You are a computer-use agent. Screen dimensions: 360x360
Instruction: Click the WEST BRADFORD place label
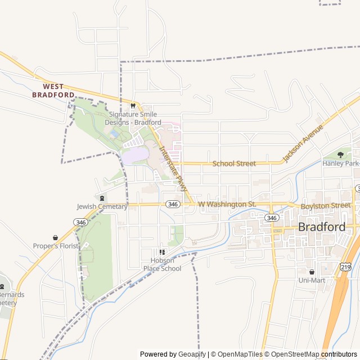click(x=53, y=91)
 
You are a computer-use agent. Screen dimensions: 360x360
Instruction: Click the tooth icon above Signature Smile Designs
click(x=133, y=105)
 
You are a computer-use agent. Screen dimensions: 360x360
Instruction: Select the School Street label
click(x=234, y=164)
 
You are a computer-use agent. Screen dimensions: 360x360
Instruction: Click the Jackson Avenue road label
click(x=303, y=143)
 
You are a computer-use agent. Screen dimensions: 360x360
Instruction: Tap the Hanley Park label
click(x=340, y=163)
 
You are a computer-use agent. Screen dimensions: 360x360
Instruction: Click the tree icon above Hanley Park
click(x=340, y=154)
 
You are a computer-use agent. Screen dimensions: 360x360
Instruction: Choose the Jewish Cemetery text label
click(x=102, y=206)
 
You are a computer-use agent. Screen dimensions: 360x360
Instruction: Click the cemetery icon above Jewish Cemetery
click(x=102, y=197)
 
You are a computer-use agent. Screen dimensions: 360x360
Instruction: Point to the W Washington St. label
click(x=227, y=204)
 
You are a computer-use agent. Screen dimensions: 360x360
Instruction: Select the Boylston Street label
click(x=325, y=206)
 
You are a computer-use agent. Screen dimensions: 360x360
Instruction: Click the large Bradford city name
click(x=322, y=227)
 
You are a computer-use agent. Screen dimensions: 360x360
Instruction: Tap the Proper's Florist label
click(x=55, y=246)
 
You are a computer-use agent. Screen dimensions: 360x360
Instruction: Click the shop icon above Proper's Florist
click(x=55, y=237)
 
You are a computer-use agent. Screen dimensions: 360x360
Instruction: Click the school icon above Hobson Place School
click(x=162, y=252)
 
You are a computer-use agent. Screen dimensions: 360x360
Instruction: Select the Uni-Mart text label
click(x=312, y=280)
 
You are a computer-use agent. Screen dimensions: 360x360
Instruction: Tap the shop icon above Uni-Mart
click(x=312, y=271)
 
